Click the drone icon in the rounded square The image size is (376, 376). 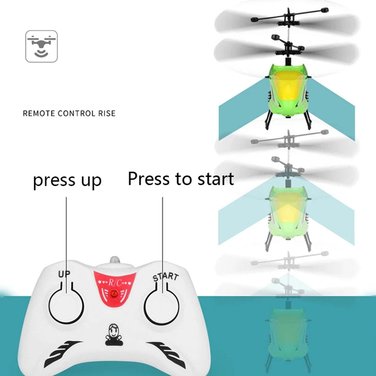(41, 46)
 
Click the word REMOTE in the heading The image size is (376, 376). (36, 113)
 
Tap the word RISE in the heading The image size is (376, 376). (106, 113)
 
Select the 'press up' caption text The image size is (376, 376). (67, 181)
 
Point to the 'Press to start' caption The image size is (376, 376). (181, 179)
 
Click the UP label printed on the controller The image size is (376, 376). (64, 274)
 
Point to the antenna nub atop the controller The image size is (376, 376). (115, 260)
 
